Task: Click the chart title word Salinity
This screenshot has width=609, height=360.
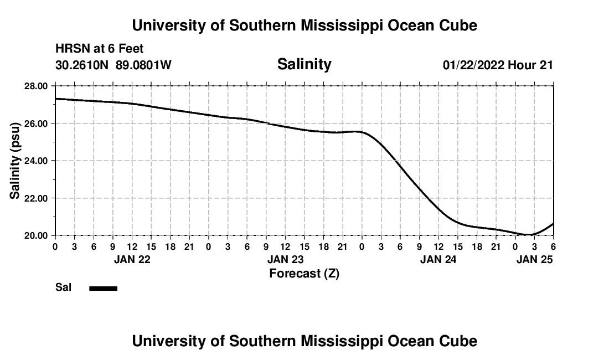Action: (304, 64)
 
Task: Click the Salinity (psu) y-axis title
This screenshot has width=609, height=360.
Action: (15, 161)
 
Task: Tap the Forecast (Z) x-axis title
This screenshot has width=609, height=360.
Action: (304, 273)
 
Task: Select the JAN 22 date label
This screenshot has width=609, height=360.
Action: (132, 259)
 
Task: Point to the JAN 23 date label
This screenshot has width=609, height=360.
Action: (285, 259)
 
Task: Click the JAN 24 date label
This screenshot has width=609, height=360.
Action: (438, 259)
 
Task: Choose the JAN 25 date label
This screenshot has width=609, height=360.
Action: (534, 259)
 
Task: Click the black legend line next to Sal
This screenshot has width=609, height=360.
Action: (104, 288)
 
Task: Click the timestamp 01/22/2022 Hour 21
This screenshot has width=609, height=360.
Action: (498, 65)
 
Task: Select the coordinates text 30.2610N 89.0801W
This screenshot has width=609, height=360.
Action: (113, 65)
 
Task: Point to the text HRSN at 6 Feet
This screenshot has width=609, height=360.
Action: (100, 49)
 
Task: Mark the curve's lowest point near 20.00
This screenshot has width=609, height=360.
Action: (530, 235)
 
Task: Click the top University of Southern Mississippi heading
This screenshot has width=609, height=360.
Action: (304, 25)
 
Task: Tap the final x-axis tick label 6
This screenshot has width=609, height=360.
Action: (553, 246)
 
